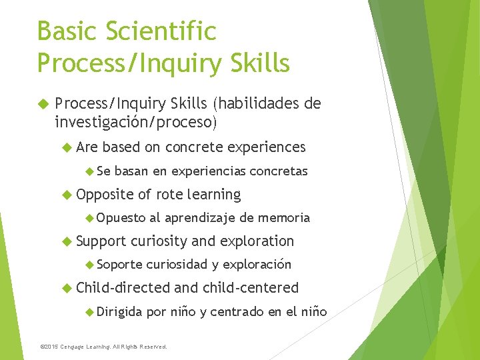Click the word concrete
click(195, 147)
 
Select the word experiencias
click(209, 171)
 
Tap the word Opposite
click(105, 195)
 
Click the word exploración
click(257, 265)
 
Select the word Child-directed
click(123, 288)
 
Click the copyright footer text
click(103, 347)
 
